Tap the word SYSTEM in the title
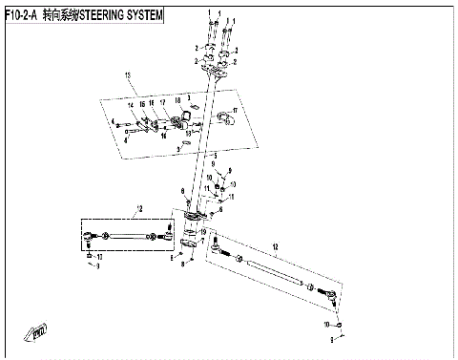click(142, 17)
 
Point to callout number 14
click(131, 106)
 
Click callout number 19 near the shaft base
click(202, 231)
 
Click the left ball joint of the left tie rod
click(89, 235)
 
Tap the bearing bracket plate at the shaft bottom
click(192, 222)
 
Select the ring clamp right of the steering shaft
click(227, 119)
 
